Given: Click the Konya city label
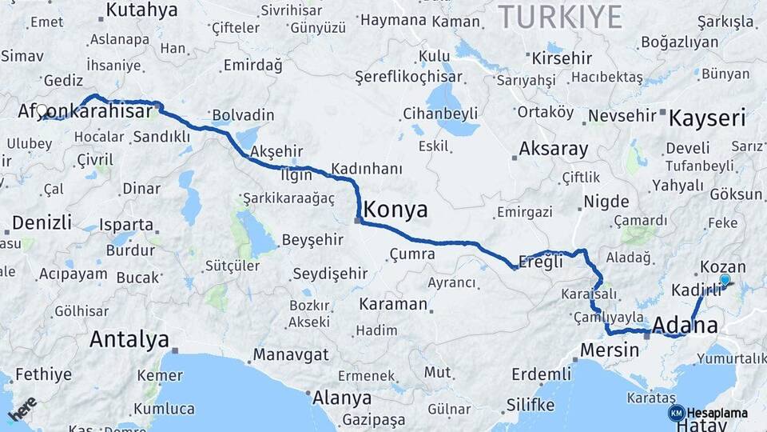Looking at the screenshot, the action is click(x=395, y=210).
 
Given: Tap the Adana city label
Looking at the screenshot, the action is click(x=685, y=326).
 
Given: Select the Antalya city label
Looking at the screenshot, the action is click(x=129, y=339).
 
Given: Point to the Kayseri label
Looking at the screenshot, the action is click(x=707, y=119).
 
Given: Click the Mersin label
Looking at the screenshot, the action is click(x=610, y=350).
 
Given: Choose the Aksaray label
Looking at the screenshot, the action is click(x=553, y=149).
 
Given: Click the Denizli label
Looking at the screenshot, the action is click(x=42, y=222).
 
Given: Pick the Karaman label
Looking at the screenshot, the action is click(x=393, y=304).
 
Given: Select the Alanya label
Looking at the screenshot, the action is click(x=342, y=398).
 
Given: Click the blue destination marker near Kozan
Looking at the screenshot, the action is click(x=725, y=279).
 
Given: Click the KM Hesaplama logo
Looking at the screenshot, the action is click(x=708, y=413).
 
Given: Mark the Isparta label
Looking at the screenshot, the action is click(x=127, y=225).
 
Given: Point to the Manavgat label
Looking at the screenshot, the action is click(x=292, y=354).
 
